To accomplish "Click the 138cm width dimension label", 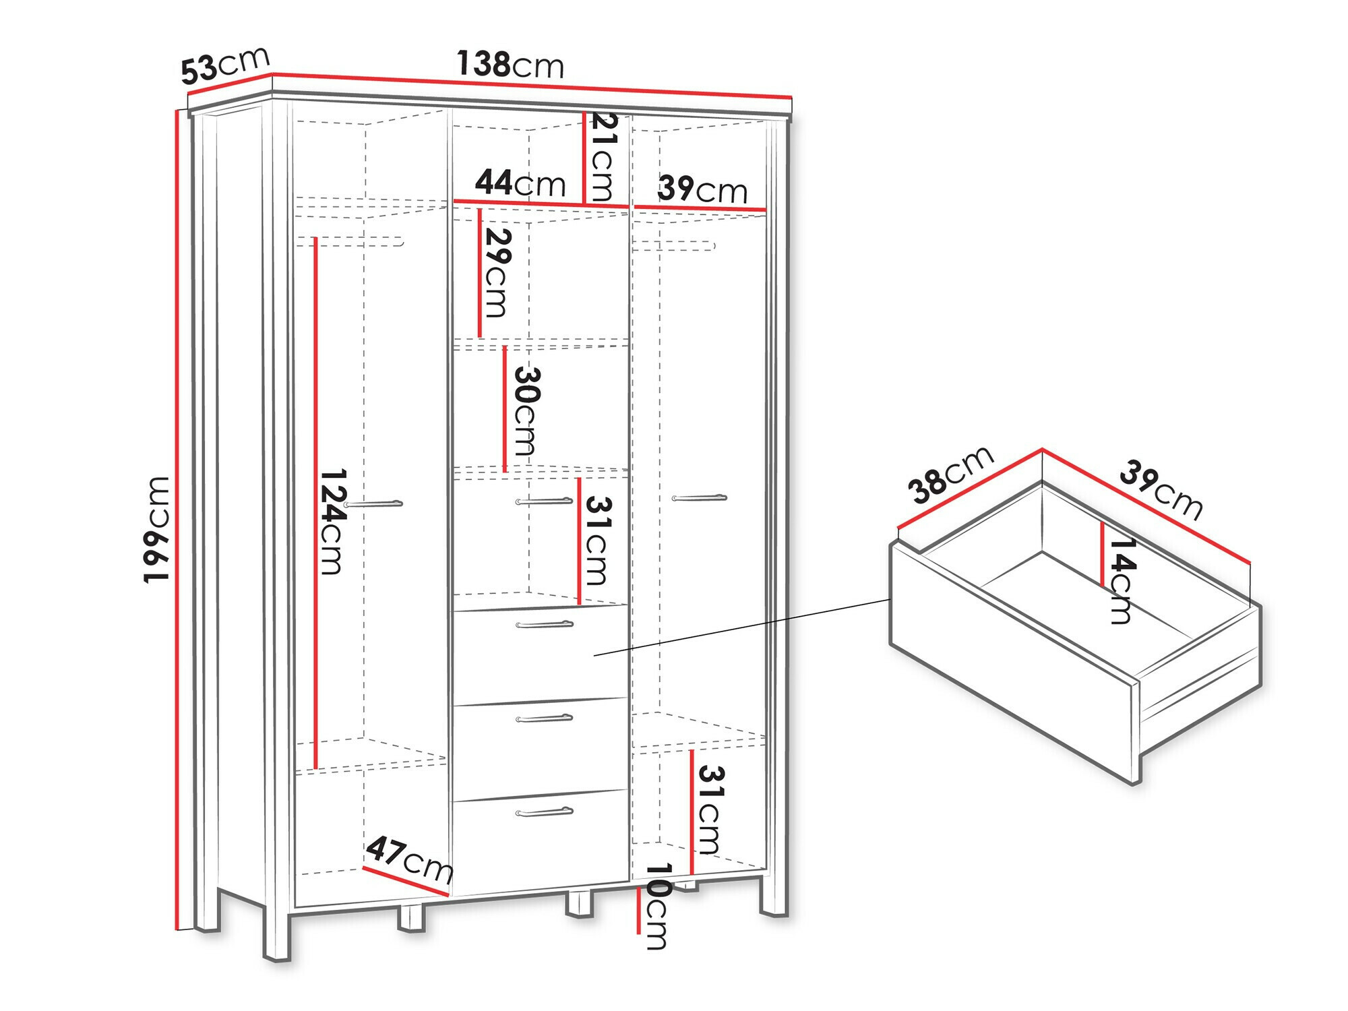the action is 510,65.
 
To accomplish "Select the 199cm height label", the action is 156,529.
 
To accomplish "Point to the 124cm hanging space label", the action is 332,522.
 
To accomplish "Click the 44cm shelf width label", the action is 520,183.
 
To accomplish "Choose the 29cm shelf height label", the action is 497,273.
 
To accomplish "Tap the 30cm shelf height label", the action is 526,410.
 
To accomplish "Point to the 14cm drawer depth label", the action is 1122,580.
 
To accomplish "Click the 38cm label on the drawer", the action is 950,474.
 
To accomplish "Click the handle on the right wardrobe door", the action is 700,498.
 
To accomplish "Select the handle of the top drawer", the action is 545,625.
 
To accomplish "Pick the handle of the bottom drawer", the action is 545,812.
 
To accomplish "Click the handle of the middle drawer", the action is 545,718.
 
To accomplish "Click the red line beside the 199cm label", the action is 178,519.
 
